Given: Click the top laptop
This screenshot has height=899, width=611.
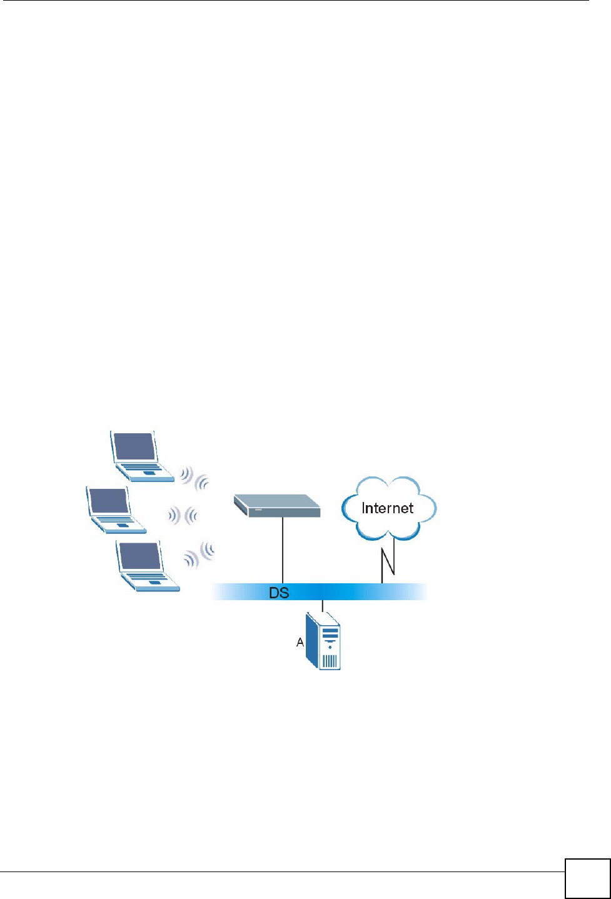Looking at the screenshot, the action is (141, 456).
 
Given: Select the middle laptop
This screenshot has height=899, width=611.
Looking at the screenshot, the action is (115, 510).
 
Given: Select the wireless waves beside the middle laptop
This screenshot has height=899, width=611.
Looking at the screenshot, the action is (183, 516).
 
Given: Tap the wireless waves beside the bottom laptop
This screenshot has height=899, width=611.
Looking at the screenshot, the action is (199, 555).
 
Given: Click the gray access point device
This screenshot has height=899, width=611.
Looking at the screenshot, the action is (276, 505).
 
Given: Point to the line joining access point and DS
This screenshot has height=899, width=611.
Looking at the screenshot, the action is (283, 550).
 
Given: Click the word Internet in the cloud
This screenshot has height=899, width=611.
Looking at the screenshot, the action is (388, 508).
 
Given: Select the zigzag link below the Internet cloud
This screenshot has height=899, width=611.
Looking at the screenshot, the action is (388, 558).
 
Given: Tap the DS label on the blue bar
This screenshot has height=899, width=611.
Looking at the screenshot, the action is (279, 593).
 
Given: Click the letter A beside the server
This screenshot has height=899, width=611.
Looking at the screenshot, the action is (300, 643).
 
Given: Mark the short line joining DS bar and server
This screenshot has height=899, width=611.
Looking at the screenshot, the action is (323, 606).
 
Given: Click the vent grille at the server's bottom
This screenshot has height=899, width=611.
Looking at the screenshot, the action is (330, 661).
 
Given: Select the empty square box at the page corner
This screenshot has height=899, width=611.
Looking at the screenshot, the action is (587, 878).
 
